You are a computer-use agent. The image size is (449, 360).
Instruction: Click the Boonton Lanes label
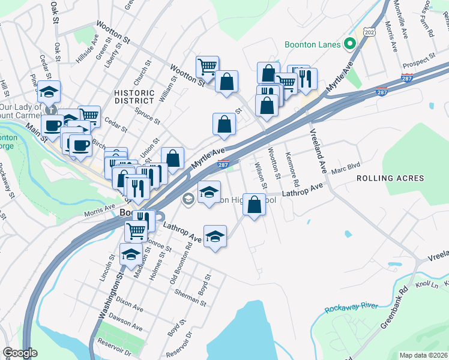click(x=312, y=44)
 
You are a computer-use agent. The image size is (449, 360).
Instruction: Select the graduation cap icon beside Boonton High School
click(x=209, y=192)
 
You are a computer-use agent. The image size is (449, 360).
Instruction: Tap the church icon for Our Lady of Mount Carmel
click(x=53, y=109)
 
